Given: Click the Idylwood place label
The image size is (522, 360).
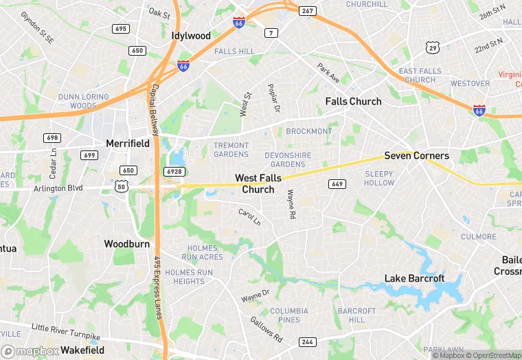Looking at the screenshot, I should (x=191, y=35).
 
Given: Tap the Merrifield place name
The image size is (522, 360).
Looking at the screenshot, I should (x=128, y=143).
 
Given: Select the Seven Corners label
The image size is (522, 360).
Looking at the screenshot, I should (x=416, y=156).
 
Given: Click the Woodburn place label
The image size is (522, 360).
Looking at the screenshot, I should (x=126, y=243).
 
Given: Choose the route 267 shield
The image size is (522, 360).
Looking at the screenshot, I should (x=308, y=10).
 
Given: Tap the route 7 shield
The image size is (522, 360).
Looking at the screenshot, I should (x=273, y=33).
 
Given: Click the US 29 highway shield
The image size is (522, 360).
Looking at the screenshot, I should (x=432, y=47).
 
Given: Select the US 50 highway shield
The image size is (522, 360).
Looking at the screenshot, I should (x=122, y=186).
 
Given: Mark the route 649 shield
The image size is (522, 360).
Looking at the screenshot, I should (x=337, y=183).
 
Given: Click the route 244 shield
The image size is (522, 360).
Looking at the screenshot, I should (x=306, y=341).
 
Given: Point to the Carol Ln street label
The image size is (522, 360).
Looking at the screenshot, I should (x=249, y=217).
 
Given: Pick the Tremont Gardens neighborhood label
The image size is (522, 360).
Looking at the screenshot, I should (x=231, y=150).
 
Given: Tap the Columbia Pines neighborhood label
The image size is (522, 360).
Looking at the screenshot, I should (x=289, y=315).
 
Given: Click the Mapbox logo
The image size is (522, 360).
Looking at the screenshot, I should (x=30, y=351).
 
